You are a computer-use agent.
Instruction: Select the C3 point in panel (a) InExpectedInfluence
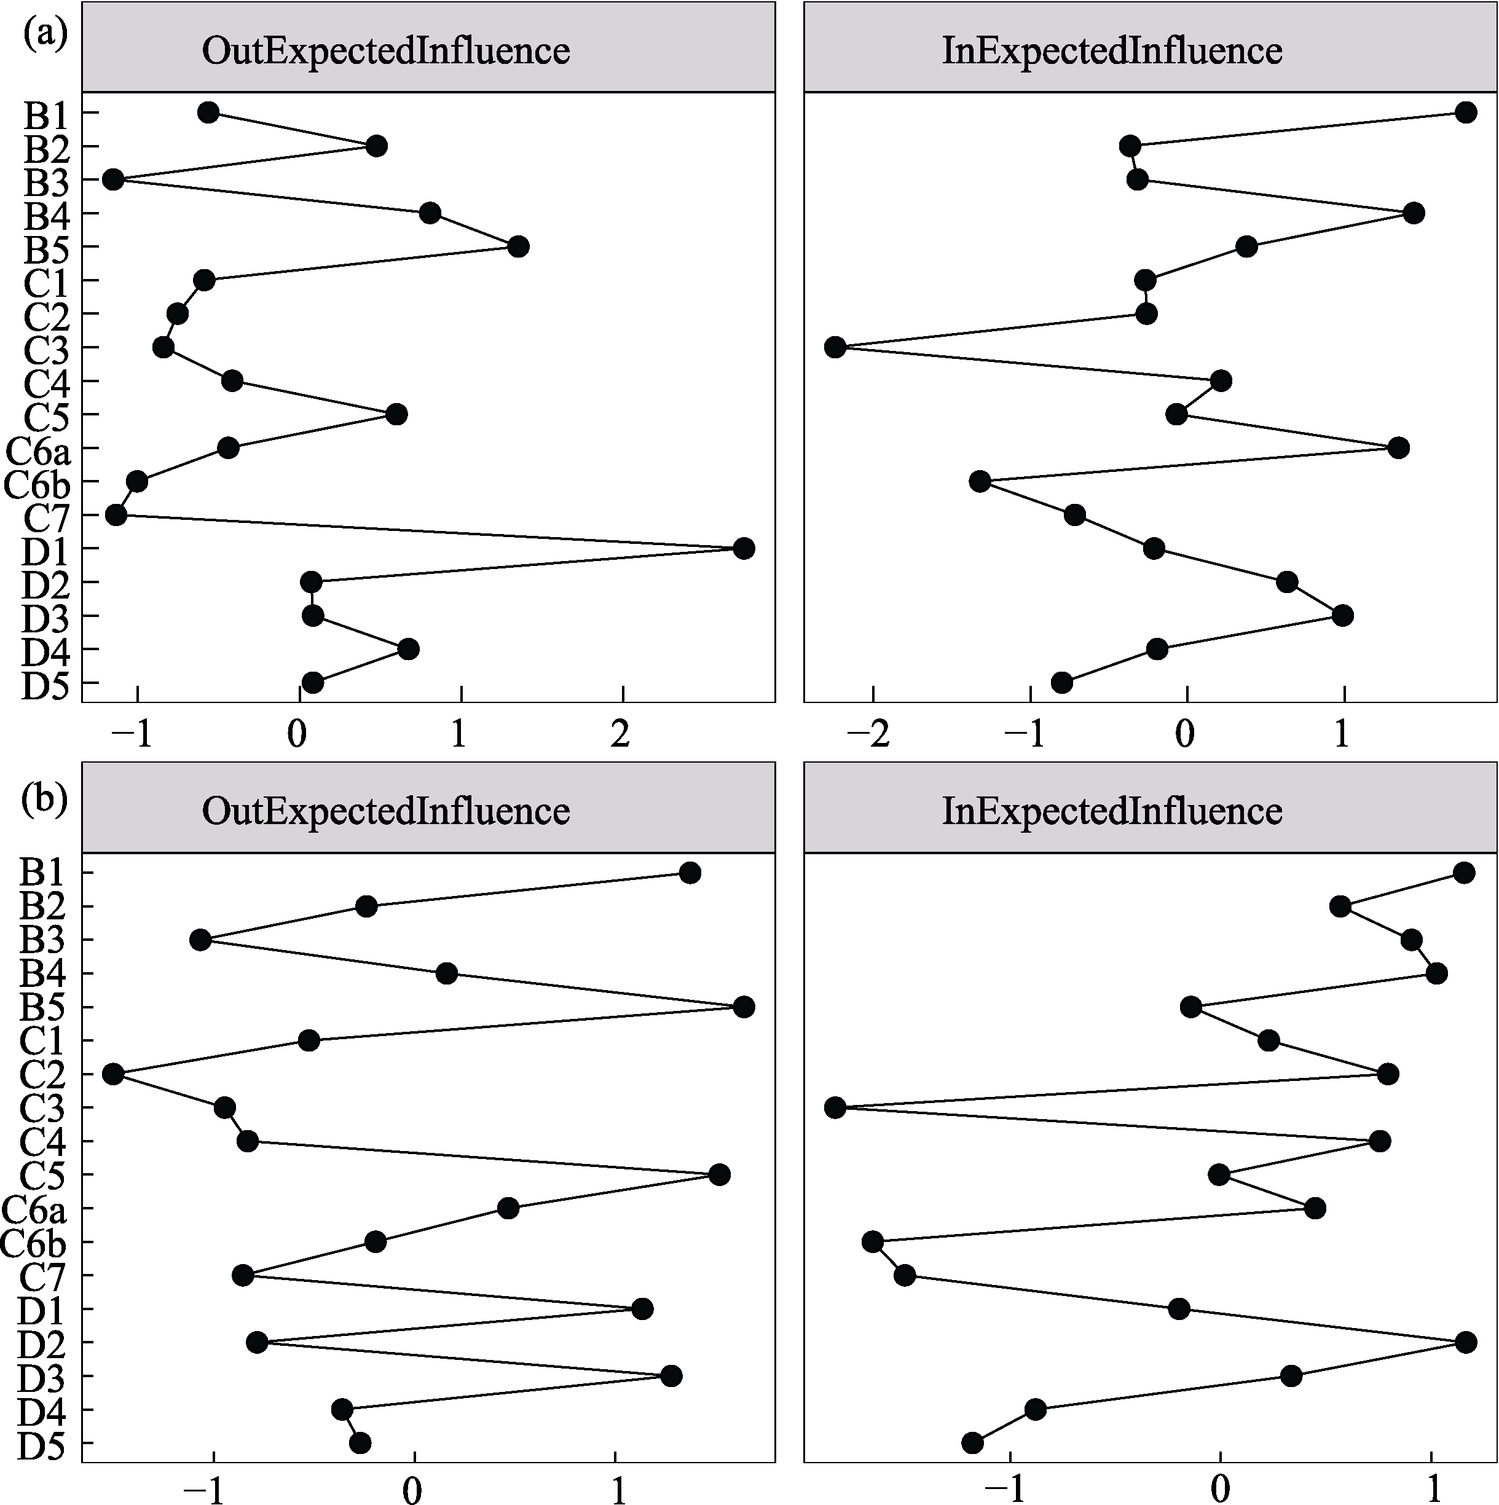(x=835, y=347)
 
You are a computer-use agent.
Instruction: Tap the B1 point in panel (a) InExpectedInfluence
(x=1465, y=113)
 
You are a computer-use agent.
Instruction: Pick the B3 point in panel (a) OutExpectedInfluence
(x=113, y=180)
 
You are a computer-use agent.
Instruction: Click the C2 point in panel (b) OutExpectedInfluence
(x=113, y=1074)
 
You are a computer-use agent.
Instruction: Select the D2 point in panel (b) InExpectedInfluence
(x=1465, y=1342)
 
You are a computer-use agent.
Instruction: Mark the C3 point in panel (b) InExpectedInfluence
(x=835, y=1108)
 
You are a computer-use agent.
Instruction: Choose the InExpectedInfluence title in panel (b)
(x=1112, y=812)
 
